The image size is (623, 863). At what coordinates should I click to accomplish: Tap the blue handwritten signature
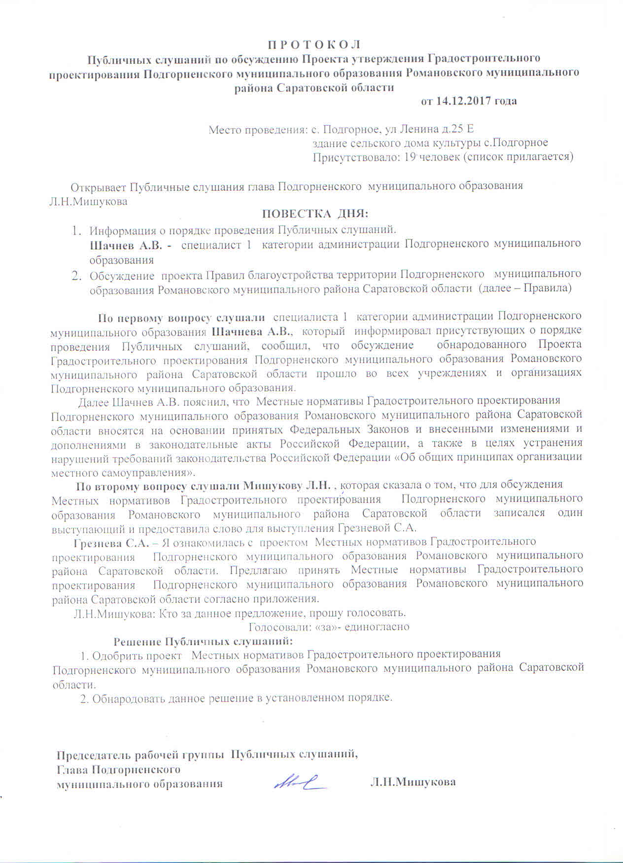[301, 781]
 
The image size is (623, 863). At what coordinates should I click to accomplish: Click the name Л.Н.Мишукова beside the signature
[413, 782]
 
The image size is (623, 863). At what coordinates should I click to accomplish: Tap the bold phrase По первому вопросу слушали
[181, 317]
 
